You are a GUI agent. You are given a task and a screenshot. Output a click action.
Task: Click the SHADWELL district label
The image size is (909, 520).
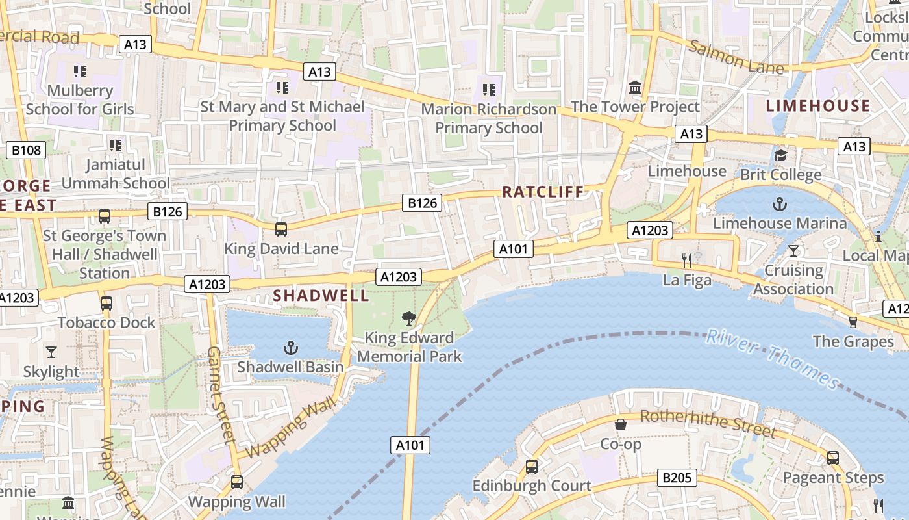321,296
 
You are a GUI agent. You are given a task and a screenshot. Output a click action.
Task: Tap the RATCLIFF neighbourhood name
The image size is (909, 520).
543,192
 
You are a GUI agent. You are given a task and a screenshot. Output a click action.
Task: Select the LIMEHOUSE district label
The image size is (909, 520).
817,106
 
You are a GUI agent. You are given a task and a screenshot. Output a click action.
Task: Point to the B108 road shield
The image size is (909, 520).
26,151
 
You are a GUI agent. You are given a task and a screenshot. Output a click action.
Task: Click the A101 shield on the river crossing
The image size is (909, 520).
410,445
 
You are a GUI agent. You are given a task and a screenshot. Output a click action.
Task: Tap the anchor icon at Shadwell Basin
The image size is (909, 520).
291,348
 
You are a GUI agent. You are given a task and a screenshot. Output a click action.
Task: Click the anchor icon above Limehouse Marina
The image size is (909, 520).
780,205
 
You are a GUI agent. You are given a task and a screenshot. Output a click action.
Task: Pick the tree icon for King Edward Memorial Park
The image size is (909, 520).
409,318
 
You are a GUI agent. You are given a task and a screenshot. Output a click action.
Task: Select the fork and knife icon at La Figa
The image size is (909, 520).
687,261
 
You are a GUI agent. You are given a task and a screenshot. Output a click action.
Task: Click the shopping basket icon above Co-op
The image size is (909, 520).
621,425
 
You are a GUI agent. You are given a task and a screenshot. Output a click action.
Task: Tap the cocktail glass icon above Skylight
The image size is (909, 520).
51,352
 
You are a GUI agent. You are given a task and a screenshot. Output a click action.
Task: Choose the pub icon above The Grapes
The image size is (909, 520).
853,322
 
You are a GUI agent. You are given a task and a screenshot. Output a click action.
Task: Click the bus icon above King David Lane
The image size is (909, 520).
281,229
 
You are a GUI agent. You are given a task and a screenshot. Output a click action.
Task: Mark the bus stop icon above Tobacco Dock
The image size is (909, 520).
106,304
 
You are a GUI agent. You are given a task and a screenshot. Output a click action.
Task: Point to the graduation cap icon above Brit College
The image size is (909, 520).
780,155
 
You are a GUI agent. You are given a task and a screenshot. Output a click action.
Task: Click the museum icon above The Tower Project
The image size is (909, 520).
635,87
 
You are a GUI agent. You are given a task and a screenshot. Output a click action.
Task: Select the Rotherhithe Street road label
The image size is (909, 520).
708,423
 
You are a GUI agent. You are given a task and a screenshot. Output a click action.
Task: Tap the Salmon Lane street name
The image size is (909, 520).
736,57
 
